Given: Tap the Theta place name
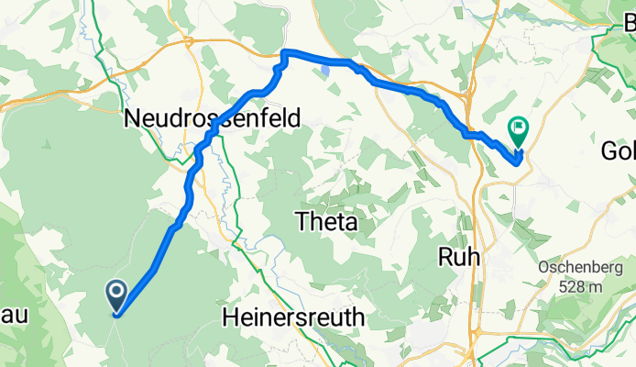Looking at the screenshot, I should [324, 221].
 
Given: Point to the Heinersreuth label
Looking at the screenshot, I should [293, 317].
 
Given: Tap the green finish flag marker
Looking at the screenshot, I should [519, 131].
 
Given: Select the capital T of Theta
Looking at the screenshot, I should [301, 221].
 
